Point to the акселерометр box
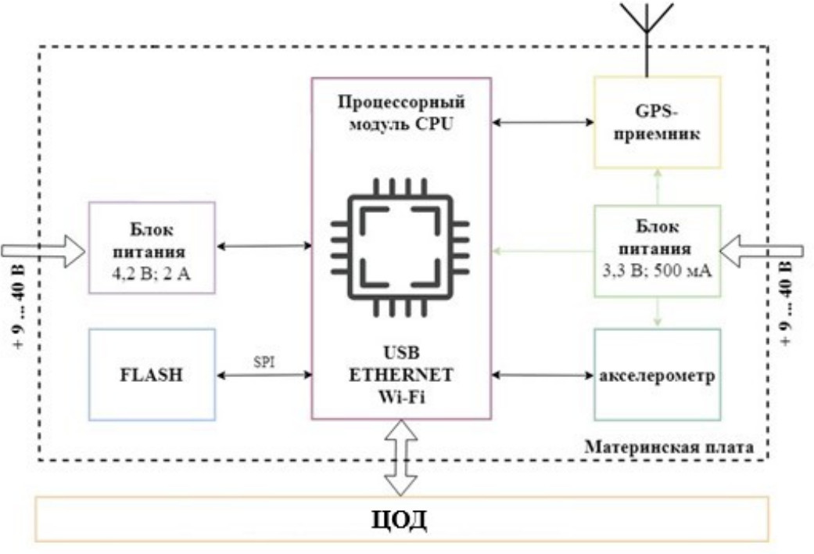pyautogui.click(x=656, y=375)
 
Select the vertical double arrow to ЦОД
pyautogui.click(x=400, y=458)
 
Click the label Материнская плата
pyautogui.click(x=669, y=448)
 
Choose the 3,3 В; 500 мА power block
pyautogui.click(x=656, y=250)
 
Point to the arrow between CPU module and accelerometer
pyautogui.click(x=542, y=376)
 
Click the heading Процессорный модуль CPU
pyautogui.click(x=401, y=111)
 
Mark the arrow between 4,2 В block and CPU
pyautogui.click(x=263, y=246)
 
